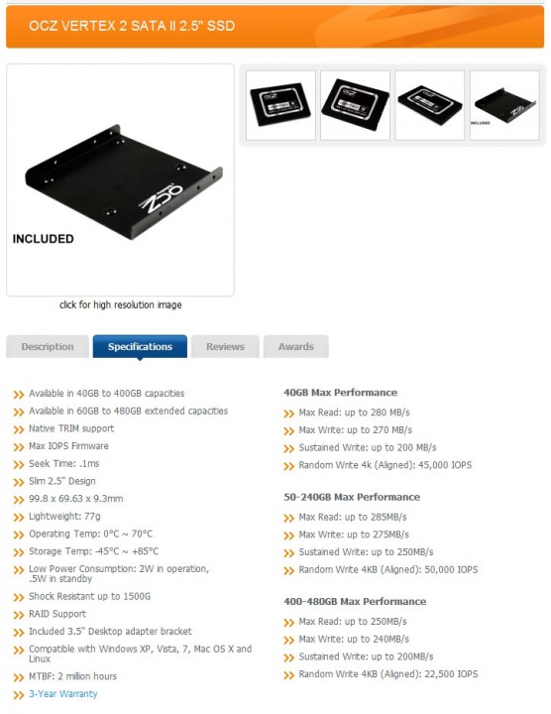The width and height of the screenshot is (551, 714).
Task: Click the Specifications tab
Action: point(140,346)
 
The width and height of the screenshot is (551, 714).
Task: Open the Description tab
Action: point(48,346)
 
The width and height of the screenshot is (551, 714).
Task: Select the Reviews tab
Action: point(225,346)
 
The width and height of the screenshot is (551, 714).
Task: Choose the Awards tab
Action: point(295,346)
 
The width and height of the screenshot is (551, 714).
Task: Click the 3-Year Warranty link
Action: point(63,694)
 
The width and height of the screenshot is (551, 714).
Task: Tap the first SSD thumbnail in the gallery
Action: point(280,105)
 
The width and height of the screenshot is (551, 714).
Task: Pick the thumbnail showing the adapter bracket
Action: point(504,105)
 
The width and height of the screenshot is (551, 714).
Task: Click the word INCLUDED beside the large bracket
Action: point(44,239)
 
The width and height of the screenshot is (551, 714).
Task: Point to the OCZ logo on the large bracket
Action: point(162,198)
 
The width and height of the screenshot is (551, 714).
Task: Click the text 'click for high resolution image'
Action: point(121,304)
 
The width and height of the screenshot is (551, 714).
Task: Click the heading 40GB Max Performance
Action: point(340,393)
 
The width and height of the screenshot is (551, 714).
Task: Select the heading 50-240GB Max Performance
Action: point(352,497)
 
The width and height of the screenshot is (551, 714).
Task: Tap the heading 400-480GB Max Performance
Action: point(355,602)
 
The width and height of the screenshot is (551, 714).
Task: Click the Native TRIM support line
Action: point(71,428)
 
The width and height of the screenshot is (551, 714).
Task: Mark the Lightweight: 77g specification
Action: point(64,517)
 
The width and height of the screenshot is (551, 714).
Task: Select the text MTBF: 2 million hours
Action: point(72,676)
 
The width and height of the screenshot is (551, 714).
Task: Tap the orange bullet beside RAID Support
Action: point(19,615)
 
